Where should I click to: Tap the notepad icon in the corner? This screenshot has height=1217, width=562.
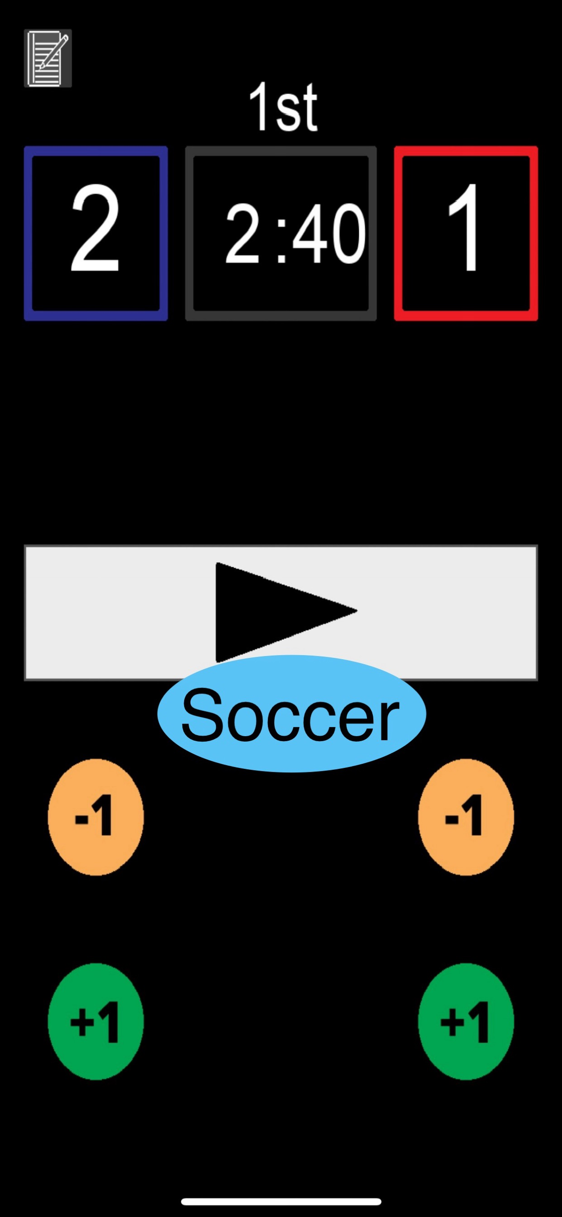click(48, 58)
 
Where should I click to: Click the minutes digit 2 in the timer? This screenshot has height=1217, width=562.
click(242, 235)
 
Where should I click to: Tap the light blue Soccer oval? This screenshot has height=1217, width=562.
click(291, 714)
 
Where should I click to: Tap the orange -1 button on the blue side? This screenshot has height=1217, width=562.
click(95, 817)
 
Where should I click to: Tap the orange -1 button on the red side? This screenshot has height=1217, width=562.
click(466, 817)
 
